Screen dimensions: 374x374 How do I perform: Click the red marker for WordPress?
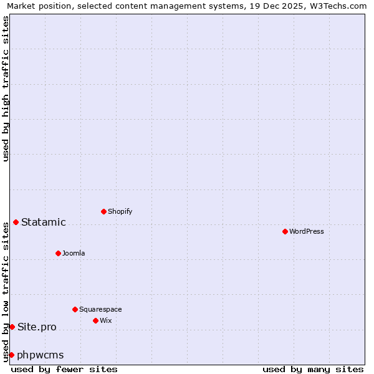coord(285,231)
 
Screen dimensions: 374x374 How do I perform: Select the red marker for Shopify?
coord(103,211)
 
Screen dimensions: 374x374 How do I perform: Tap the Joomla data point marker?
coord(58,253)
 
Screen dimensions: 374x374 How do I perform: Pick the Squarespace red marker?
coord(75,309)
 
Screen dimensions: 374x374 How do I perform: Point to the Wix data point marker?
coord(95,320)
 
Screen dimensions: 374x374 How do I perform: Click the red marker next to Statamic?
coord(16,222)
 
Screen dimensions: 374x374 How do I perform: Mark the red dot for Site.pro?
coord(12,327)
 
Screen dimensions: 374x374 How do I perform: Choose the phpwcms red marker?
coord(11,355)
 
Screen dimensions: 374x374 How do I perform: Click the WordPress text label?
coord(307,231)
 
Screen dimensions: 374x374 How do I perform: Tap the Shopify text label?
coord(120,211)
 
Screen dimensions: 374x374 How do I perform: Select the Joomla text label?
coord(74,253)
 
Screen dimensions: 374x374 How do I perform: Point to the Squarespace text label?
coord(100,309)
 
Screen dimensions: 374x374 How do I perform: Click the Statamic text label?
coord(44,223)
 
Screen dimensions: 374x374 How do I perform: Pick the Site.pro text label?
coord(37,327)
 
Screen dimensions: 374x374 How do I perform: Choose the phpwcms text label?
coord(41,355)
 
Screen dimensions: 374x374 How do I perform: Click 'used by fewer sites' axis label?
coord(64,369)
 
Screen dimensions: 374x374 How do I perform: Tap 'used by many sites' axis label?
coord(313,369)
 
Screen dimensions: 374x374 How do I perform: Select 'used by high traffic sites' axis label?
coord(6,89)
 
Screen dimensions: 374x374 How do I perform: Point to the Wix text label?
coord(105,320)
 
